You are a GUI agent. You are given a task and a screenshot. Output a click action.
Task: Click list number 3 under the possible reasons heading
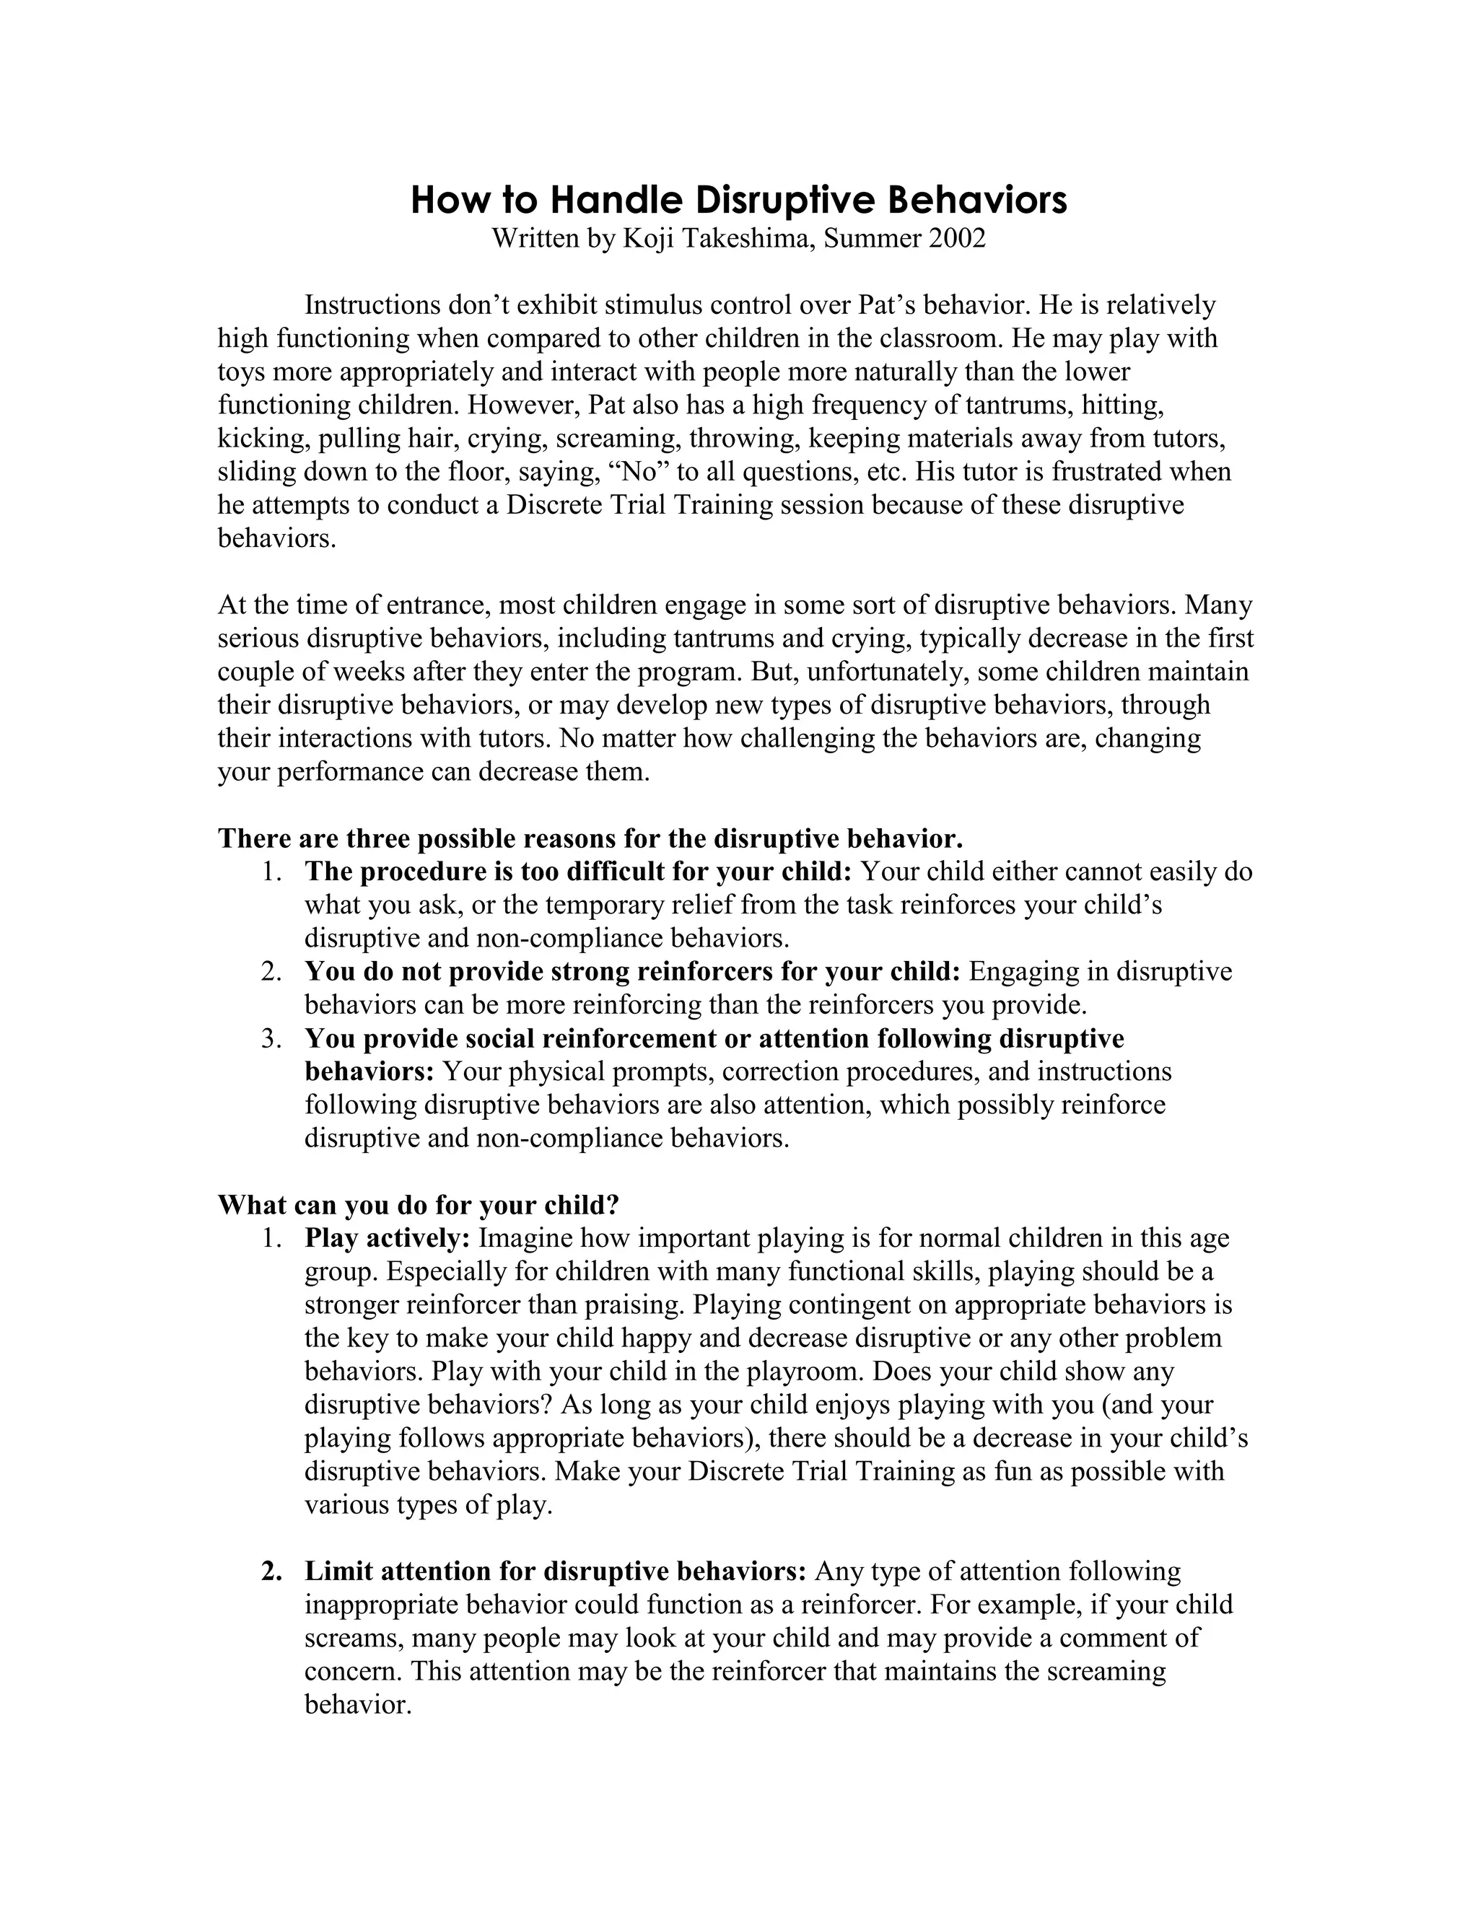click(x=271, y=1039)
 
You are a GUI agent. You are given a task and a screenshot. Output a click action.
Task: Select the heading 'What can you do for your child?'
click(x=419, y=1206)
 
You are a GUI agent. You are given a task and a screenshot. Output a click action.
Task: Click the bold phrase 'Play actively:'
click(x=388, y=1239)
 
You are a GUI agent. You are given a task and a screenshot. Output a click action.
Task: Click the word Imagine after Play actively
click(x=525, y=1239)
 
